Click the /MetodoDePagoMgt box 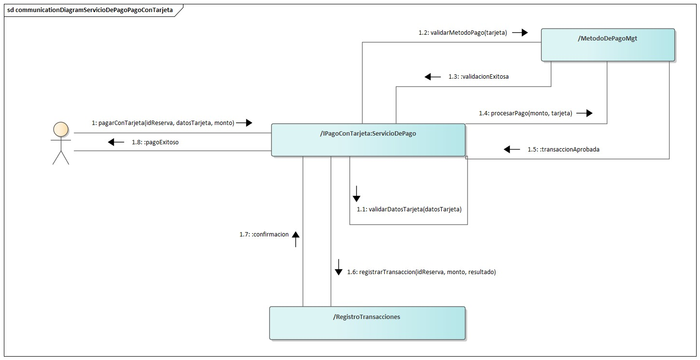click(x=607, y=45)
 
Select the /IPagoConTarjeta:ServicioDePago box click(x=368, y=140)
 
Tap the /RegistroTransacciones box click(x=367, y=323)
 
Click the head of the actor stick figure click(x=61, y=129)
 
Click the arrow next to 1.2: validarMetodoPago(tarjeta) click(x=520, y=33)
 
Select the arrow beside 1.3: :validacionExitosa click(x=433, y=77)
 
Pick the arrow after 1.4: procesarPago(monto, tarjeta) click(x=584, y=113)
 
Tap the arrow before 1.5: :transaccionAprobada click(x=512, y=150)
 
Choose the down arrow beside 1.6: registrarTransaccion click(x=338, y=267)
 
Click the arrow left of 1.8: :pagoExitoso click(x=116, y=142)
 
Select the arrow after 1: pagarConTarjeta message click(x=244, y=123)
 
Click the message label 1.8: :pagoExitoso click(x=154, y=142)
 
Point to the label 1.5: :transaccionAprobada click(x=563, y=150)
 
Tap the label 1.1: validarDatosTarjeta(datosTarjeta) click(x=409, y=209)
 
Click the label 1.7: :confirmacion click(x=264, y=235)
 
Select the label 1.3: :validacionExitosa click(x=478, y=77)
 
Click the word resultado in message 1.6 click(x=481, y=272)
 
